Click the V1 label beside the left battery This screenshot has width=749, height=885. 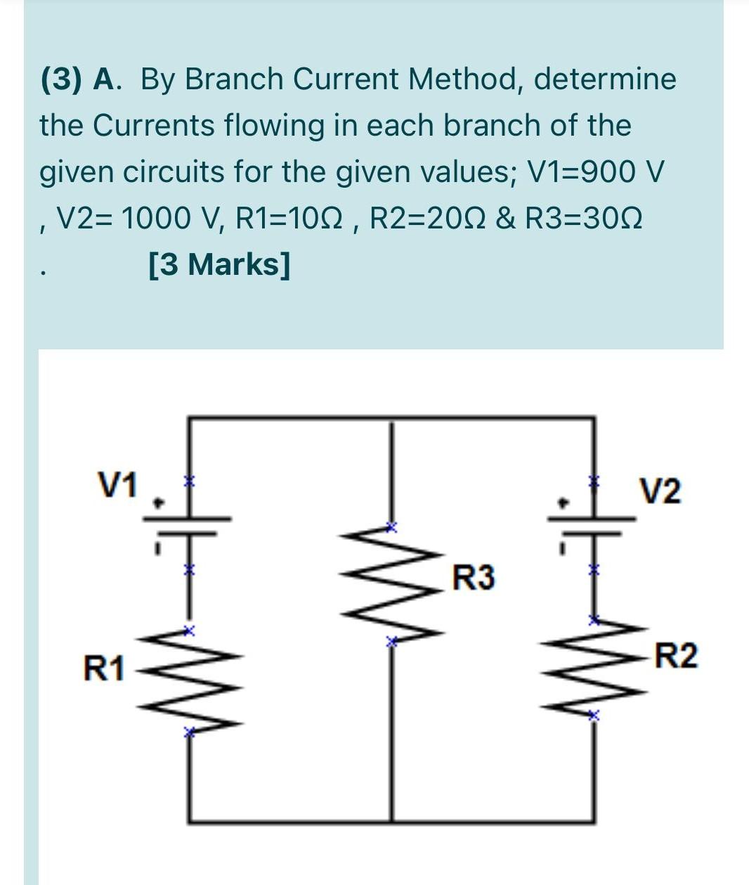[x=119, y=485]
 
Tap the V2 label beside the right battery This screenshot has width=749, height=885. [x=660, y=491]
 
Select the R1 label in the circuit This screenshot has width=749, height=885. [x=103, y=668]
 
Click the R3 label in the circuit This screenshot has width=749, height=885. [x=473, y=578]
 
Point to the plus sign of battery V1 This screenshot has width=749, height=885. [x=159, y=503]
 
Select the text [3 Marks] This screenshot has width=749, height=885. [x=219, y=265]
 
